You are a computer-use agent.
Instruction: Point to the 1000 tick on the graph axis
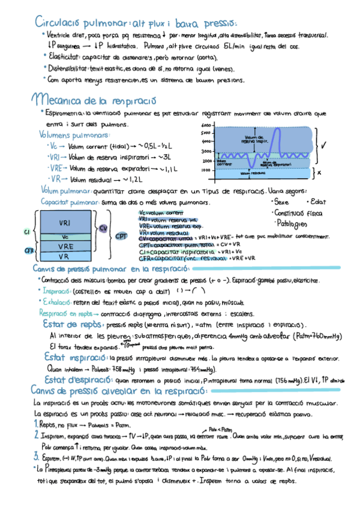click(x=206, y=170)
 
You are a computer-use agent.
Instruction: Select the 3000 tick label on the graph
click(x=206, y=151)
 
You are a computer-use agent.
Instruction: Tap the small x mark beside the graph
click(x=319, y=171)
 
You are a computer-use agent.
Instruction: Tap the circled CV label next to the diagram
click(x=103, y=228)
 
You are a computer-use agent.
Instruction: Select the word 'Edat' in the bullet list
click(x=318, y=202)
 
